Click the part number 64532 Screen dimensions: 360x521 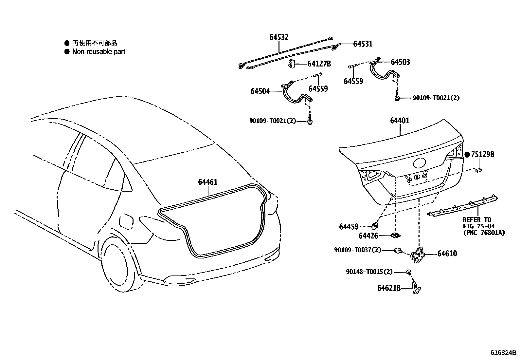[279, 37]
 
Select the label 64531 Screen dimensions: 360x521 [363, 44]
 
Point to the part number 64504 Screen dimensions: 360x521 [260, 91]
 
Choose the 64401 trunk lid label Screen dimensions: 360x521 [400, 121]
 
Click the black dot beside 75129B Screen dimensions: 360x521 [467, 154]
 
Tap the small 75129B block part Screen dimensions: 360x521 [478, 170]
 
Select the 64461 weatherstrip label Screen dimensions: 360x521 [207, 182]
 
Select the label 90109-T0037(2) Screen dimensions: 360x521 [358, 250]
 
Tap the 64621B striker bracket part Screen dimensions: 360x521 [416, 288]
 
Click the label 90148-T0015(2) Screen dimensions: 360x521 [369, 272]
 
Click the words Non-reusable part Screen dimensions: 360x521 [99, 52]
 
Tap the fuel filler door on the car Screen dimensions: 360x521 [126, 221]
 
